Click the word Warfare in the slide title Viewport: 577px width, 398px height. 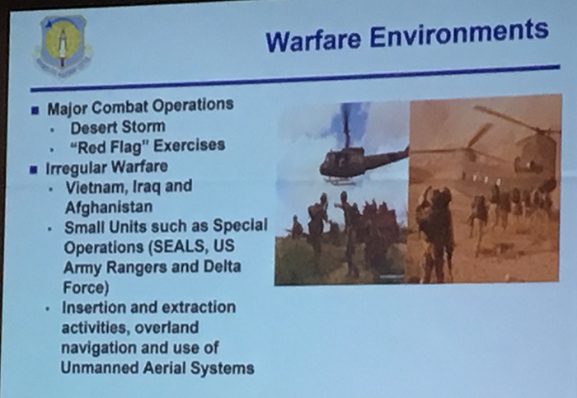[313, 40]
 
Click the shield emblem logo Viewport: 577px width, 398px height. [63, 45]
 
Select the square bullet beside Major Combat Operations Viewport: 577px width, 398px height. [35, 110]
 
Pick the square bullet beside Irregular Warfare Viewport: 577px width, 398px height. [34, 170]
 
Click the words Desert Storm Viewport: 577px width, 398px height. [118, 127]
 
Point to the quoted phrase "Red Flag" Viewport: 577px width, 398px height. [106, 147]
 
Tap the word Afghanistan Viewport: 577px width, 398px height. [109, 207]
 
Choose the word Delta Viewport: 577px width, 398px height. [223, 266]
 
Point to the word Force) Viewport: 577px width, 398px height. [86, 288]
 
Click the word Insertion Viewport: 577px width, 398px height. [94, 307]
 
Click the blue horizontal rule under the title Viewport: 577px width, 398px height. [295, 78]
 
